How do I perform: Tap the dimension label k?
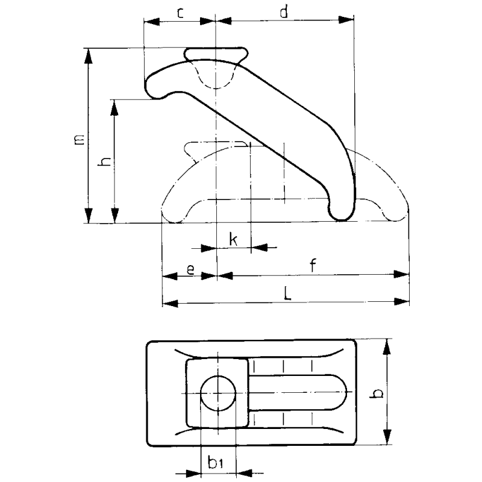(233, 240)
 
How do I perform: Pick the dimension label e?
(190, 269)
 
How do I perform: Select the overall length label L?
(288, 294)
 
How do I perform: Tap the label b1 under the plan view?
(216, 463)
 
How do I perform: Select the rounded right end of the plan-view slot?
(337, 393)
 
